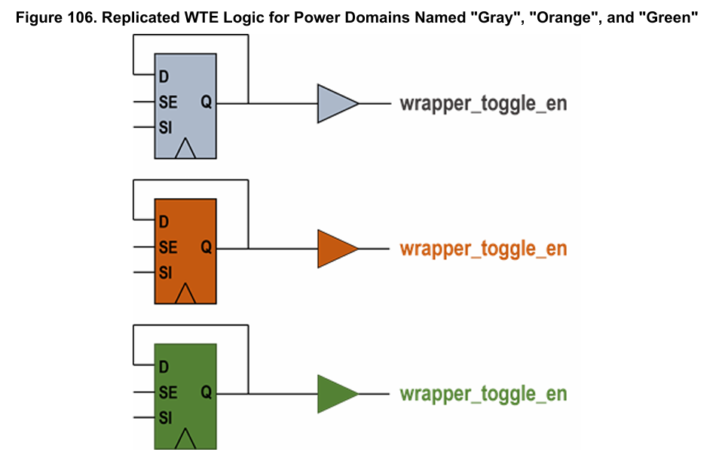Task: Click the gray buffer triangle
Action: coord(335,103)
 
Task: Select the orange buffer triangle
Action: coord(335,249)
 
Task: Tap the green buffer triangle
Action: coord(335,394)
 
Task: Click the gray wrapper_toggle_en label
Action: coord(483,103)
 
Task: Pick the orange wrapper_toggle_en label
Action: coord(483,249)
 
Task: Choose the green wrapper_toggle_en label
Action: coord(483,394)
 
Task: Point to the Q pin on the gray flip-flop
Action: coord(206,102)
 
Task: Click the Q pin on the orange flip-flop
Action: coord(206,248)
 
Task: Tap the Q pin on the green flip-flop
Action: coord(206,392)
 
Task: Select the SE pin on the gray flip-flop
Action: coord(167,102)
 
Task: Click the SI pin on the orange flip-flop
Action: coord(165,273)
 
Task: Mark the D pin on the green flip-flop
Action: coord(163,368)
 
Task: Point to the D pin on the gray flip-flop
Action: coord(163,77)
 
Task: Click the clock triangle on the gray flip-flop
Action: coord(185,148)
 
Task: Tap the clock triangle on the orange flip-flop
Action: coord(185,294)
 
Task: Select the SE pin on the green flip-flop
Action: coord(167,392)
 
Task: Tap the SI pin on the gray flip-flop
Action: coord(165,127)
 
